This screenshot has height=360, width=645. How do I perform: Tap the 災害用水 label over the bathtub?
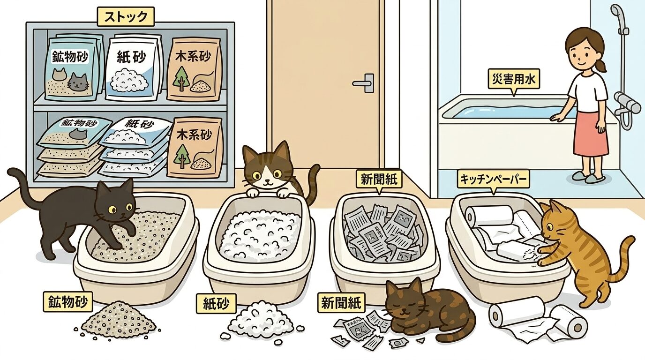click(x=513, y=80)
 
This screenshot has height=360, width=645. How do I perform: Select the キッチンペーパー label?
click(x=493, y=179)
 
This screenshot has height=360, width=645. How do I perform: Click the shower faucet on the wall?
click(x=627, y=103)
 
